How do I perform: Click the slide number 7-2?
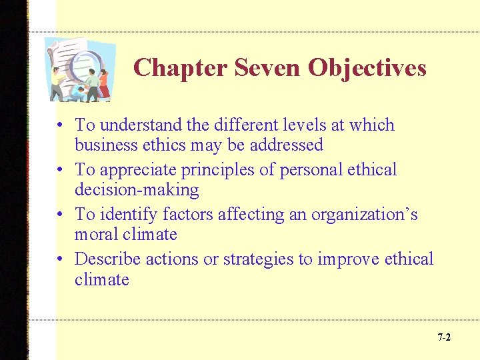(x=444, y=337)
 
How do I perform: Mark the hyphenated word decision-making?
(x=137, y=190)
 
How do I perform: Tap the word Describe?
(x=107, y=259)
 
